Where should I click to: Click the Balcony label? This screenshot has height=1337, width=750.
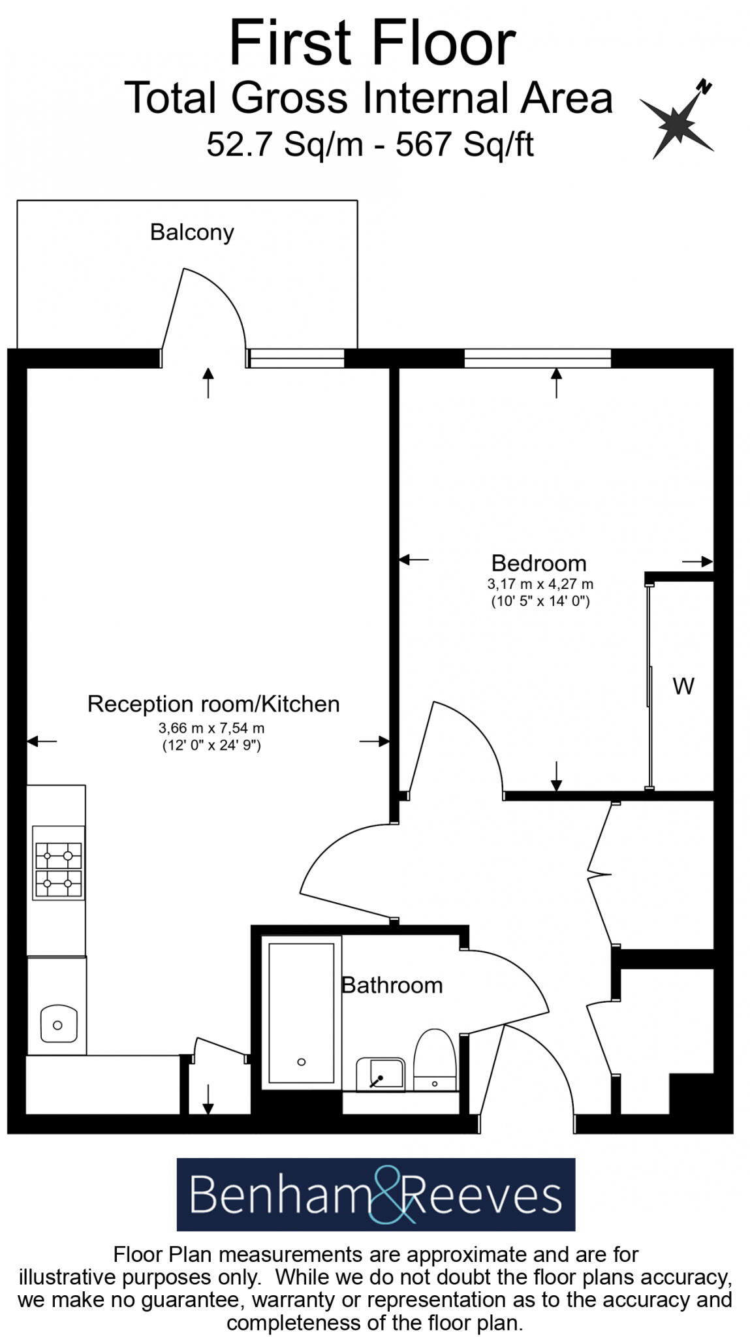[192, 232]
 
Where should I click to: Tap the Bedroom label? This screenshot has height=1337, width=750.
[539, 563]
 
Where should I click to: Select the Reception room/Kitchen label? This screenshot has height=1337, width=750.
[213, 704]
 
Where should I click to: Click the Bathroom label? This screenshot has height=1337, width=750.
[392, 984]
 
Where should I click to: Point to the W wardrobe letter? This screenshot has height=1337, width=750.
[683, 686]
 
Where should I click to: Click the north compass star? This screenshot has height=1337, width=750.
[677, 122]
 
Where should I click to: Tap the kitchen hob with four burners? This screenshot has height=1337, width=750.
[58, 862]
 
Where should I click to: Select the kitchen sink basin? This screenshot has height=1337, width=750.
[58, 1024]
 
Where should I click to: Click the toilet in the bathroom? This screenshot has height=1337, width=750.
[435, 1060]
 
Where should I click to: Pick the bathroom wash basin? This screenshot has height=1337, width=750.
[380, 1074]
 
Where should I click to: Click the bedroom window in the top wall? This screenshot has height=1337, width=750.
[537, 358]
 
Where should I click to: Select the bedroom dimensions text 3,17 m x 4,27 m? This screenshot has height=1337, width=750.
[540, 584]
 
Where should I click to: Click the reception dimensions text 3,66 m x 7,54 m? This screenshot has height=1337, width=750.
[211, 727]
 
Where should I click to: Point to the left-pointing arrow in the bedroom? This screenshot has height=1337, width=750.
[414, 559]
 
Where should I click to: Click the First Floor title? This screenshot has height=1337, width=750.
[372, 43]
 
